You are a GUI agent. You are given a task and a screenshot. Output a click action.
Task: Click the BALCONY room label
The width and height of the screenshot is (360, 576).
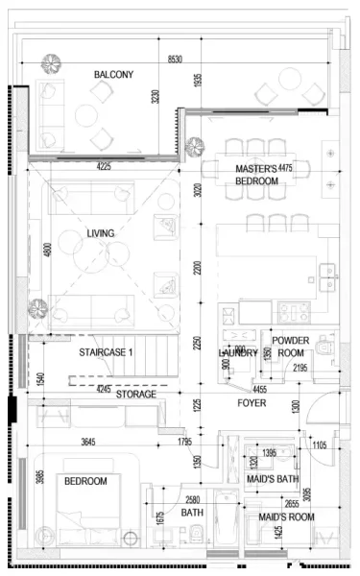113,75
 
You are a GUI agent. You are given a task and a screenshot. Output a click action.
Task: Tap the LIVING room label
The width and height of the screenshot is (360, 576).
101,233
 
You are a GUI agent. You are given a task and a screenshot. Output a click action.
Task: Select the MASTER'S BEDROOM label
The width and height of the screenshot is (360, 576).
256,175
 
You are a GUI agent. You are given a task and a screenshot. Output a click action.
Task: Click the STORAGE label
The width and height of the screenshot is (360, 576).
136,395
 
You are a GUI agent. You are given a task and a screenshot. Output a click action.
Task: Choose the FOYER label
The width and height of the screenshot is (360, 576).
252,403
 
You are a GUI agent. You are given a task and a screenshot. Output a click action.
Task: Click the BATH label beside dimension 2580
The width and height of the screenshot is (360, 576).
193,514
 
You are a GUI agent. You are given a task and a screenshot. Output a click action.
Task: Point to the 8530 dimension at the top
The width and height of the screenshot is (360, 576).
174,60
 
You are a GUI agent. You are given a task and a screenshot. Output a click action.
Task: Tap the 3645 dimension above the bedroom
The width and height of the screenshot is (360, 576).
87,442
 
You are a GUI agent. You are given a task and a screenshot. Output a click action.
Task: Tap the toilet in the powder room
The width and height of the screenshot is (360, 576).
324,346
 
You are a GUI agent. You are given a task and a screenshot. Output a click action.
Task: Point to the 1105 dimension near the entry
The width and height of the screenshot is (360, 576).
320,444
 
